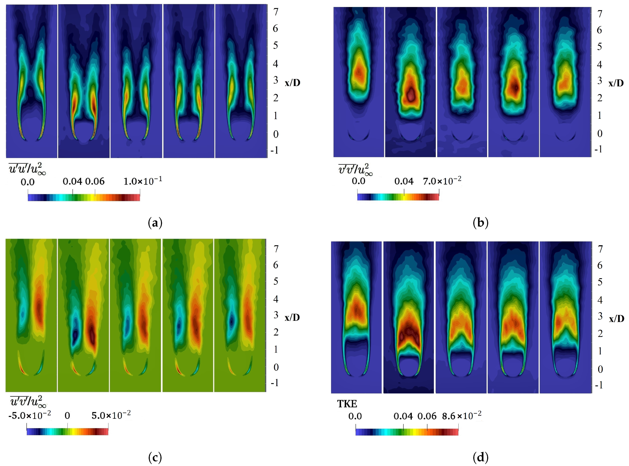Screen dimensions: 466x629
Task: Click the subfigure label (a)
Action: coord(155,223)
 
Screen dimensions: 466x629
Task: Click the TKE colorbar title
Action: coord(347,404)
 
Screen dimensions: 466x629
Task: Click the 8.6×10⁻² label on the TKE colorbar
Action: coord(461,416)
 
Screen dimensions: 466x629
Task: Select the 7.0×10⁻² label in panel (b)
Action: coord(442,181)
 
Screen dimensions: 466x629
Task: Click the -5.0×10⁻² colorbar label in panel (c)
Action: coord(30,415)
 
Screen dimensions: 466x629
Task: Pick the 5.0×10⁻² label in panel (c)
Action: coord(111,415)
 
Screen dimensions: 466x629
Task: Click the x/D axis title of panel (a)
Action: coord(293,83)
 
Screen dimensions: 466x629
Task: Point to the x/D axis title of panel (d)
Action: coord(617,319)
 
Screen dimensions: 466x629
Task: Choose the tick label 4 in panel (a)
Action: coord(276,64)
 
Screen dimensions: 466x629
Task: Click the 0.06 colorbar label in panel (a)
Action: coord(95,181)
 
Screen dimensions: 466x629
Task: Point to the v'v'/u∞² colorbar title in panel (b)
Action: coord(355,169)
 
